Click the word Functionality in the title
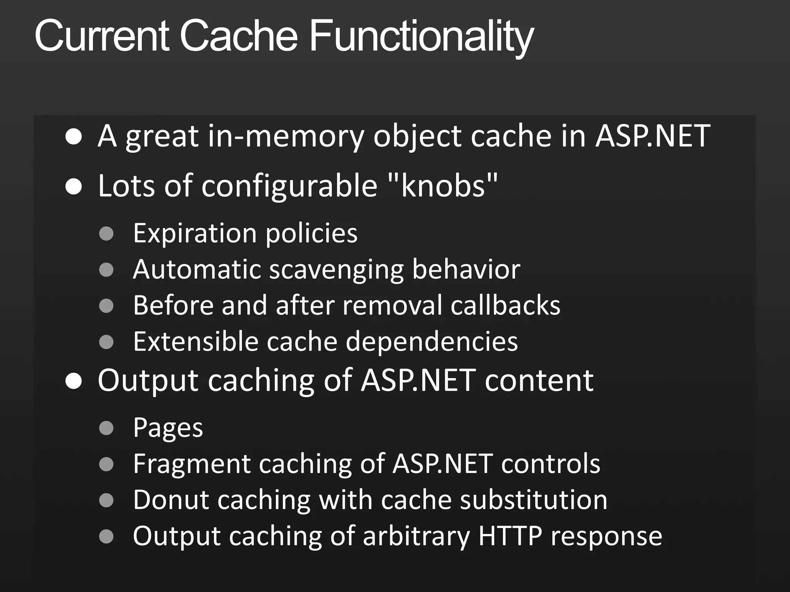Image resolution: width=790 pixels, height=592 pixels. [421, 36]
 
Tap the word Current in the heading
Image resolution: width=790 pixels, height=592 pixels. [102, 36]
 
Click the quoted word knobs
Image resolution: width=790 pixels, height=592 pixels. [442, 186]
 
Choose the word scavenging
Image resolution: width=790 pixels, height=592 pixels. [336, 270]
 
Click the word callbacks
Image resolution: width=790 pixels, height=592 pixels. [505, 305]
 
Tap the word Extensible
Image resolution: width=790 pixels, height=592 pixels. [196, 341]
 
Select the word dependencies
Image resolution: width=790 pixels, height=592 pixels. [432, 342]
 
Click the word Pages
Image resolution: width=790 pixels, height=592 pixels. [168, 428]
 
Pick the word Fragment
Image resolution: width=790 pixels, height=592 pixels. [192, 464]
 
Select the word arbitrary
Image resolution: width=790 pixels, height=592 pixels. [416, 536]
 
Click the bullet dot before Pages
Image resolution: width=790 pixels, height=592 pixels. [106, 428]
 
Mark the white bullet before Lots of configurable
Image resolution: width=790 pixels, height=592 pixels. [73, 187]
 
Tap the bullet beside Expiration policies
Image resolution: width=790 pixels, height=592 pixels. [106, 234]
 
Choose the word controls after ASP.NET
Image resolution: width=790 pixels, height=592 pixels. [550, 464]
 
